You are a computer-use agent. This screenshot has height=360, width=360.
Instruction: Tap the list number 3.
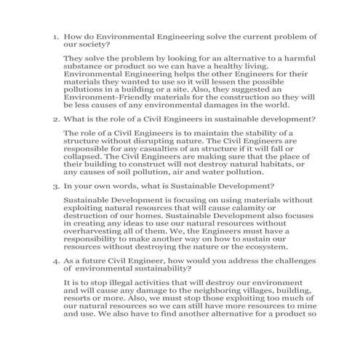click(55, 187)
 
